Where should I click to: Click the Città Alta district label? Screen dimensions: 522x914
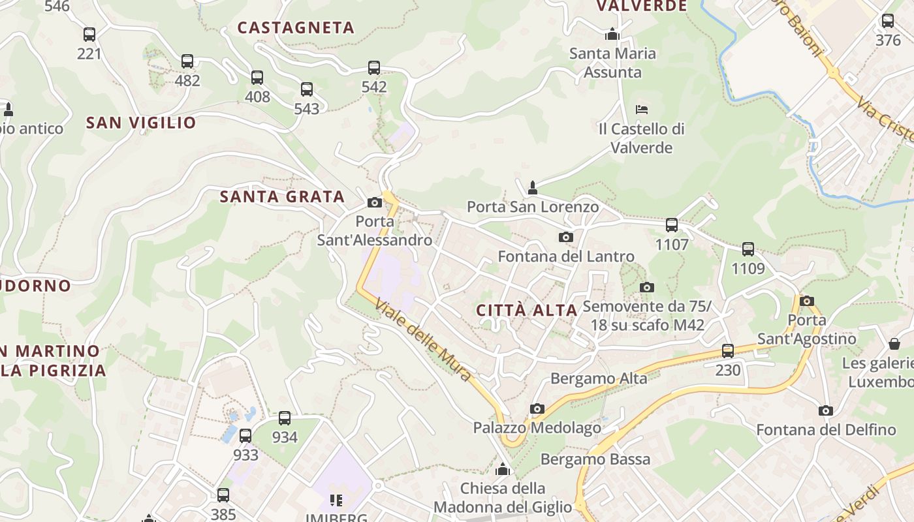pos(527,310)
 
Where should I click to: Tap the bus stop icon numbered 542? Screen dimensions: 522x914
pos(374,67)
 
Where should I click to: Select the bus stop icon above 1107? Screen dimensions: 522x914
pos(672,225)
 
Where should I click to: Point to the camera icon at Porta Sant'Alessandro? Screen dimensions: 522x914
pos(375,202)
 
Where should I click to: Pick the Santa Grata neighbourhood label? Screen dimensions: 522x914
pos(282,196)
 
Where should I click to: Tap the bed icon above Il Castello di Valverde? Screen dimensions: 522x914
pos(642,109)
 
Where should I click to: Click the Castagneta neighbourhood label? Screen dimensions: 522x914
pos(296,27)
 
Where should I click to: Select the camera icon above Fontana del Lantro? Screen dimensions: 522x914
pos(566,237)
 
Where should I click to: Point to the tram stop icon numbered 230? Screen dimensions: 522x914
pos(728,351)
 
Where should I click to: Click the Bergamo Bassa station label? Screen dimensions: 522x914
pos(595,459)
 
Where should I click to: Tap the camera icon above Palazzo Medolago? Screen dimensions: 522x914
pos(537,408)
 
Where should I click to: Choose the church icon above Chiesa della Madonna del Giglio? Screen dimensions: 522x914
pos(503,469)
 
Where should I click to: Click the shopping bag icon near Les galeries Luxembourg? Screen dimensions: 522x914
pos(894,343)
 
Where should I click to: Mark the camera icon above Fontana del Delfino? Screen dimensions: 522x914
pos(826,410)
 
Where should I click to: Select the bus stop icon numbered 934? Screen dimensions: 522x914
pos(285,418)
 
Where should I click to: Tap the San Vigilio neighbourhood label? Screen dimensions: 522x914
pos(141,123)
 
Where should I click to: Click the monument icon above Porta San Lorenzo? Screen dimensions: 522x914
pos(533,188)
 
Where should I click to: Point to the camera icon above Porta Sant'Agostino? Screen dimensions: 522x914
pos(807,301)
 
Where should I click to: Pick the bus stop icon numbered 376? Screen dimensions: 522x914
pos(888,20)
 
